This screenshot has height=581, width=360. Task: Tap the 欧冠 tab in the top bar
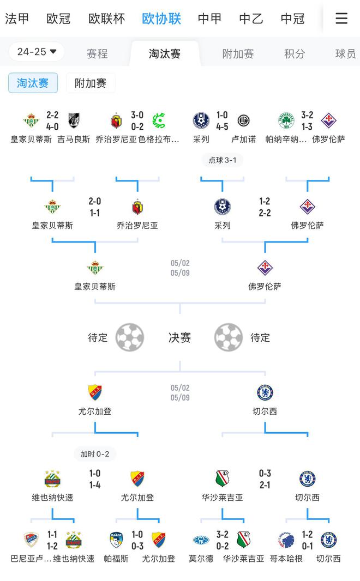(58, 19)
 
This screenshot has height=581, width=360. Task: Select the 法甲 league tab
(17, 19)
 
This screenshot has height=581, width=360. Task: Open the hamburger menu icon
(341, 19)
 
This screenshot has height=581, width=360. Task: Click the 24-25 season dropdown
(37, 52)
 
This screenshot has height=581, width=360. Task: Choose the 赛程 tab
(97, 54)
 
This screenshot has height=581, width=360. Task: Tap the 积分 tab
(295, 54)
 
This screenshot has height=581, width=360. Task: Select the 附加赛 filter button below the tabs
(91, 83)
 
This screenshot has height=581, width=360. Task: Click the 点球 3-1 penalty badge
(223, 160)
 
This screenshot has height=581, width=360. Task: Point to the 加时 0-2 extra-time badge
(95, 454)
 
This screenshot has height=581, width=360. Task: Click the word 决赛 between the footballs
(179, 338)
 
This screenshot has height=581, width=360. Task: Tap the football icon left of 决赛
(130, 337)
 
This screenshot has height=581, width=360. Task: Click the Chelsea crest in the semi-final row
(265, 392)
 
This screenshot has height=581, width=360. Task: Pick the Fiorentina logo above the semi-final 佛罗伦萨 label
(265, 268)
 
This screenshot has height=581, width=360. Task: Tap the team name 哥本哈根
(286, 559)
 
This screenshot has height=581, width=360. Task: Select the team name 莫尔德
(201, 559)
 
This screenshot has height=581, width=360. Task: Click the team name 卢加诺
(243, 140)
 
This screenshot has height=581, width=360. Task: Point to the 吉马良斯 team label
(74, 140)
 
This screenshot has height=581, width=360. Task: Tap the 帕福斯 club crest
(116, 540)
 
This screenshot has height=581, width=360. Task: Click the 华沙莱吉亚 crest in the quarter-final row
(222, 479)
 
